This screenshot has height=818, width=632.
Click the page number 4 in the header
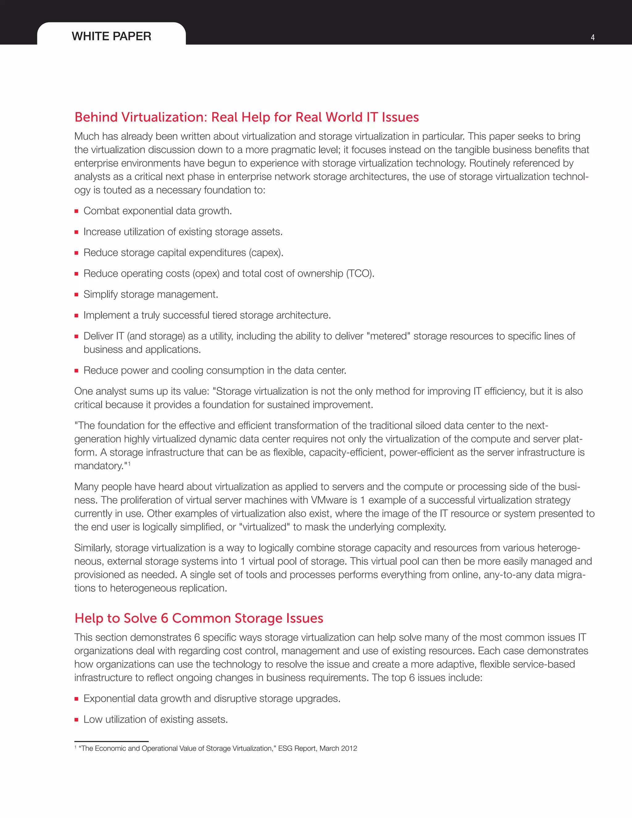(593, 37)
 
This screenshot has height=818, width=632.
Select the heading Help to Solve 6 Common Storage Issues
(198, 618)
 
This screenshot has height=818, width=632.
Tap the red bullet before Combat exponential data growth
(77, 211)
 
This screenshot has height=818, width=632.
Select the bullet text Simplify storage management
(151, 294)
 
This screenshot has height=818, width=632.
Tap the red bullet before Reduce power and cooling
(77, 371)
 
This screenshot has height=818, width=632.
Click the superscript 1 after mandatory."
(129, 464)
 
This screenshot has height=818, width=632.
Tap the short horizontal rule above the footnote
(111, 741)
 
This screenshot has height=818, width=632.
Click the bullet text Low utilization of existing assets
(156, 720)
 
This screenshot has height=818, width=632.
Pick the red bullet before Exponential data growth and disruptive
(77, 699)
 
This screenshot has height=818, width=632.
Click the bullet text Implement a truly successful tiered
(207, 315)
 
